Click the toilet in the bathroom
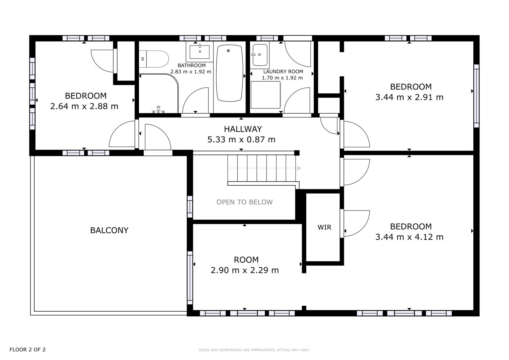coord(154,59)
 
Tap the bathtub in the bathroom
coord(229,73)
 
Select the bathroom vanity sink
coord(199,52)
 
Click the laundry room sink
coord(260,55)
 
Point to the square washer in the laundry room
coord(266,95)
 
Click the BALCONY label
coord(109,230)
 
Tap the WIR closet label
coord(324,227)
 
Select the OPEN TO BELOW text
coord(245,202)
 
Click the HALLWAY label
coord(243,129)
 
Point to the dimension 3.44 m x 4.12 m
coord(409,237)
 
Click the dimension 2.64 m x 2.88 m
coord(84,106)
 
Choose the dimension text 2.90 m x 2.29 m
coord(245,270)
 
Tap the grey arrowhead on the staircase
coord(299,168)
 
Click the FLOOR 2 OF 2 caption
coord(27,349)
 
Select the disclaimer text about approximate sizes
coord(254,350)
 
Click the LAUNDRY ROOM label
coord(283,71)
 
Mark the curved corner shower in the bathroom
coord(159,93)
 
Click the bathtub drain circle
coord(228,51)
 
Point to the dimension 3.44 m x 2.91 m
coord(409,97)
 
